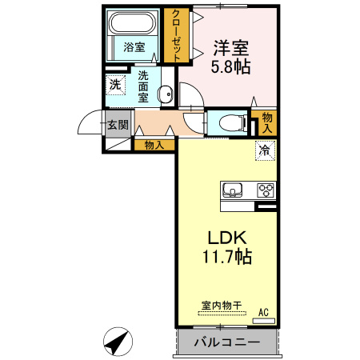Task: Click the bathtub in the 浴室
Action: click(x=133, y=22)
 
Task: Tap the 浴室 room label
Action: click(x=134, y=47)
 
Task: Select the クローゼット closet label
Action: click(x=176, y=35)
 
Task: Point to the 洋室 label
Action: click(x=230, y=48)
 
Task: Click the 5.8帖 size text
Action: click(x=230, y=66)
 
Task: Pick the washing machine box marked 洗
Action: click(x=115, y=85)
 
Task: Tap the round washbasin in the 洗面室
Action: click(x=166, y=94)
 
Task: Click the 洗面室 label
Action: click(x=143, y=87)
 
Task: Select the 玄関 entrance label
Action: click(x=118, y=125)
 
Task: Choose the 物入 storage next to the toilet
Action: click(x=267, y=123)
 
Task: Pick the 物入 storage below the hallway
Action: click(x=154, y=146)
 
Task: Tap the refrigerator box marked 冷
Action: click(x=265, y=150)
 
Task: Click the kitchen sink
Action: click(x=232, y=190)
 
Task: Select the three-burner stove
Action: click(x=266, y=190)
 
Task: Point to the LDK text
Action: click(x=227, y=238)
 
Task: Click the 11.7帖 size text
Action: click(x=227, y=257)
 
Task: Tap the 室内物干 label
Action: click(x=222, y=306)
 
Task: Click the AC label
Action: click(x=263, y=312)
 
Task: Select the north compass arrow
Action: click(x=117, y=342)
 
